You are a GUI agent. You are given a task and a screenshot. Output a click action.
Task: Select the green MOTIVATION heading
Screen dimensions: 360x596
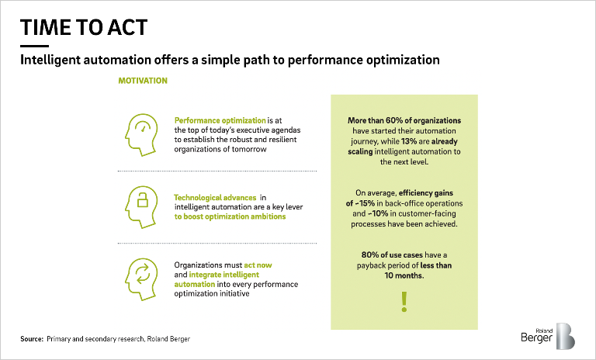[142, 80]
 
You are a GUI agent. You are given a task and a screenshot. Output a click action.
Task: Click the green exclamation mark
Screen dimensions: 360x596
[403, 301]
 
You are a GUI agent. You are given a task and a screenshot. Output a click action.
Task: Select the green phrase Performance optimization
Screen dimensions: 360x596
[220, 120]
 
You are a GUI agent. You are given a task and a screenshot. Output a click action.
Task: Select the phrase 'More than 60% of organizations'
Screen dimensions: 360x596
[404, 120]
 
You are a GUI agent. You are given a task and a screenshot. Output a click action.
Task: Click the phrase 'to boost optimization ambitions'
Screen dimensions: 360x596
[230, 216]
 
